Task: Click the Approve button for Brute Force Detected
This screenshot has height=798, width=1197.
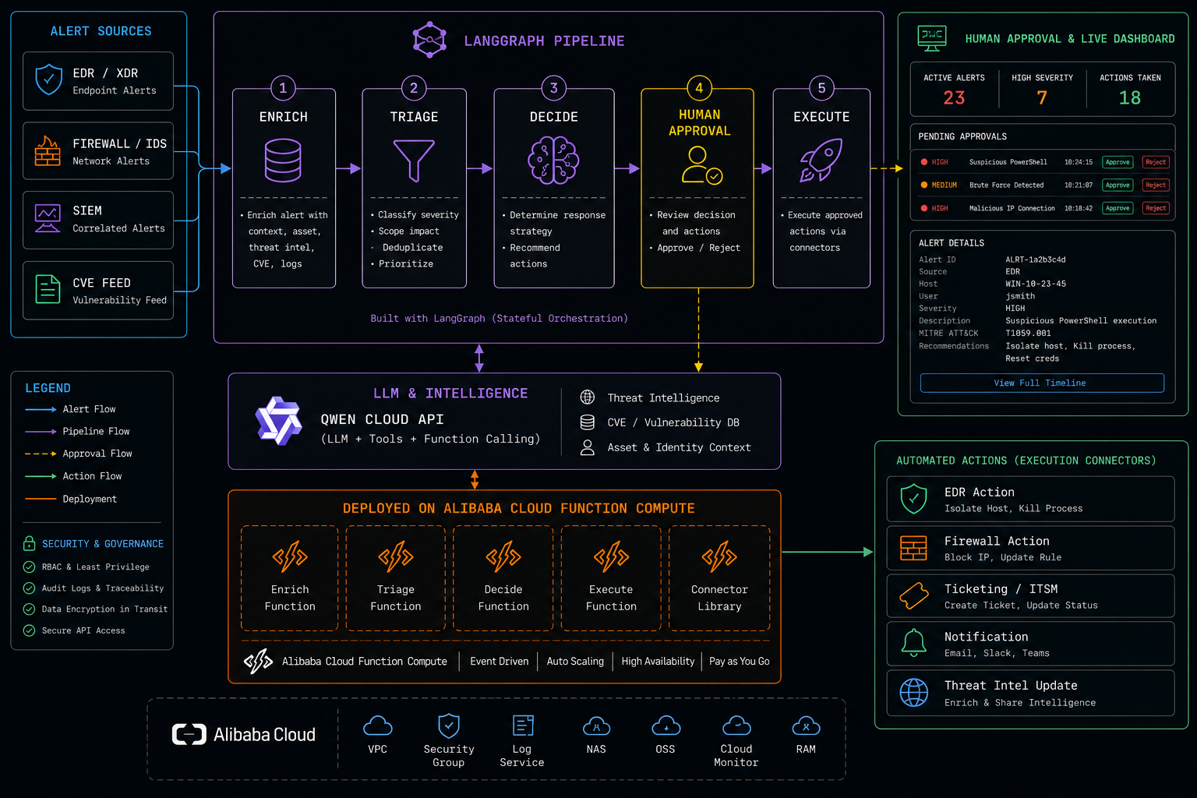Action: point(1118,185)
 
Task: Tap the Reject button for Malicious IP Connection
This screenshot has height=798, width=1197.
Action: point(1156,208)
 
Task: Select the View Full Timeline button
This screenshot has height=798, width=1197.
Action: point(1041,383)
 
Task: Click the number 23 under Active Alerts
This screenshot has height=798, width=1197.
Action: point(954,98)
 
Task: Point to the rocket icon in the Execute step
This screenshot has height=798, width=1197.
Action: point(821,160)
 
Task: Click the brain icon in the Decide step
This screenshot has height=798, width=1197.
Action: point(553,161)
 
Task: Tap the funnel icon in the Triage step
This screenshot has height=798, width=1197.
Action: point(414,161)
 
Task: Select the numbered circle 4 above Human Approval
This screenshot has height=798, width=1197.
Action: point(699,88)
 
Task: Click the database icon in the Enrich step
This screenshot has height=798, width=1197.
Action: point(283,161)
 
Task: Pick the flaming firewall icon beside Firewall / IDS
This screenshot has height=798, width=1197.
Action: point(48,150)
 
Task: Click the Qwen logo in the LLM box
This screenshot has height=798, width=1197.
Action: point(278,421)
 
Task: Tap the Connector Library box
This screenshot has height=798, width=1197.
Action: point(719,578)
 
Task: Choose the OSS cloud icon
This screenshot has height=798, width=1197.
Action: point(666,726)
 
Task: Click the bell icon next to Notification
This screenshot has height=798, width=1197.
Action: point(914,642)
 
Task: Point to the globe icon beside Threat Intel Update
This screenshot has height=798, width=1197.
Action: point(914,692)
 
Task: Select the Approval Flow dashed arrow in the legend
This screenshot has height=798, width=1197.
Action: point(41,454)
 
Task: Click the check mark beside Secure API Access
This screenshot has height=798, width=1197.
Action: point(30,630)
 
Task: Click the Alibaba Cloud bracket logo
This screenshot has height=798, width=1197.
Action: point(189,734)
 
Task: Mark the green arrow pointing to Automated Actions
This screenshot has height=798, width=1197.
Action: point(827,553)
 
